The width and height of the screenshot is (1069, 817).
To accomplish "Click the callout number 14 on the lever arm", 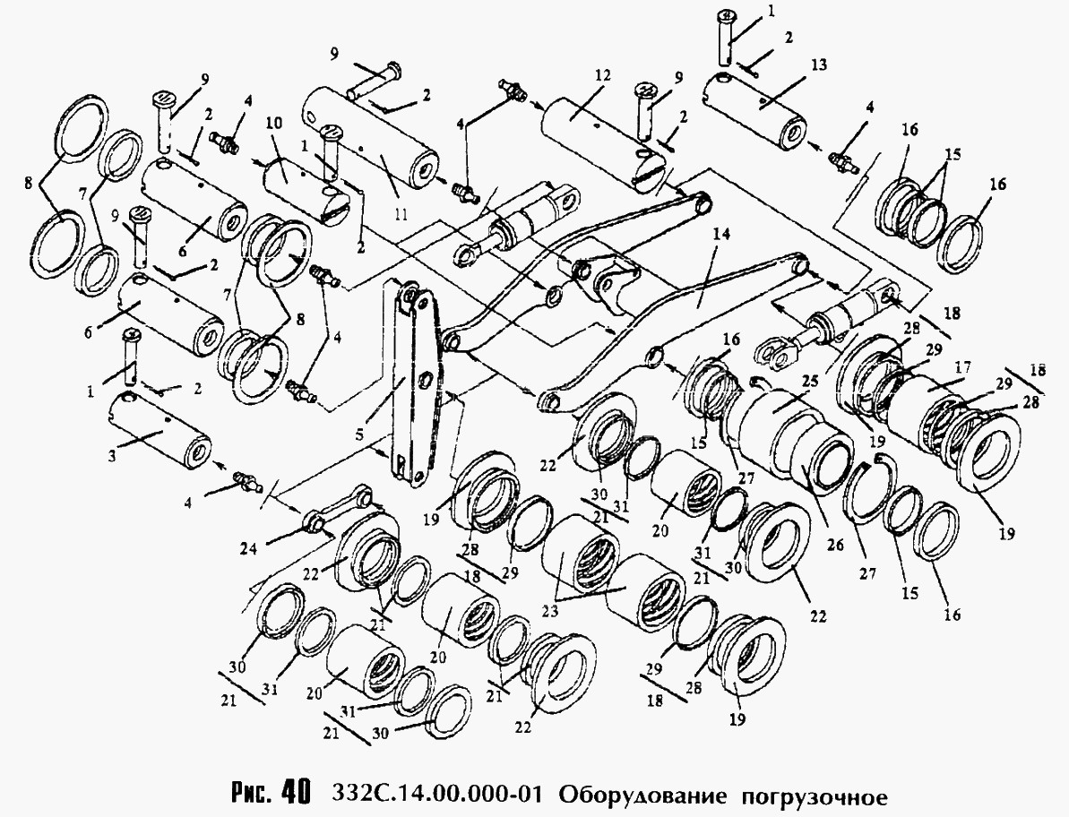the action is click(721, 235).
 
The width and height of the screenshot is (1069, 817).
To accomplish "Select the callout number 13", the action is click(819, 64).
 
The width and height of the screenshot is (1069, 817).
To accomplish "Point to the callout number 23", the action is click(550, 611).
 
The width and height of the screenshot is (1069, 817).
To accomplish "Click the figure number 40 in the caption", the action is click(293, 791).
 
